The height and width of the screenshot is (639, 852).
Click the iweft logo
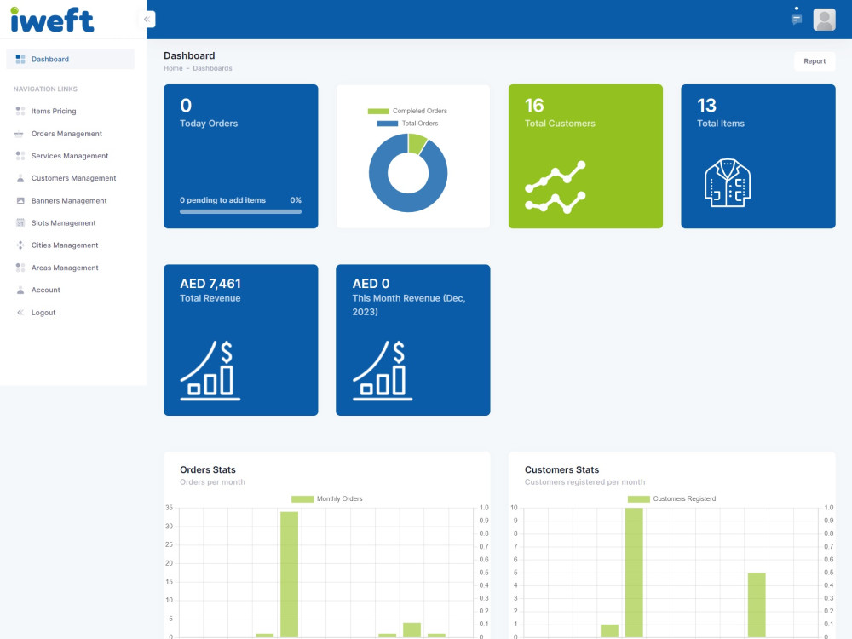click(x=52, y=20)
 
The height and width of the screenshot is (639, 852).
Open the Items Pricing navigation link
click(x=53, y=111)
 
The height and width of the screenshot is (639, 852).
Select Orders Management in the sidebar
click(x=66, y=134)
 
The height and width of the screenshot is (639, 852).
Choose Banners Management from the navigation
click(x=69, y=200)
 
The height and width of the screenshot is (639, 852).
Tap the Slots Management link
click(x=63, y=222)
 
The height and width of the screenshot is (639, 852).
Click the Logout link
click(x=43, y=313)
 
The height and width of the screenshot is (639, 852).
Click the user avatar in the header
click(x=824, y=20)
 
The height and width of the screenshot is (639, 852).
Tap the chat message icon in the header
click(x=797, y=20)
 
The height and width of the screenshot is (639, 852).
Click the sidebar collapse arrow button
click(x=147, y=20)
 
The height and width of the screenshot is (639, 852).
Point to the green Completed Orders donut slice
click(x=417, y=143)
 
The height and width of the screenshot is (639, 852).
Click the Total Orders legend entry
click(x=407, y=124)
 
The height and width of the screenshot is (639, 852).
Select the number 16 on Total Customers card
click(x=534, y=105)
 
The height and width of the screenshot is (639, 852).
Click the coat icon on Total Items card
click(x=728, y=182)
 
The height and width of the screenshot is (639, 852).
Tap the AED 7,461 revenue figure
click(x=210, y=284)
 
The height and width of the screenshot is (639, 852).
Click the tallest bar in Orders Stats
click(x=289, y=573)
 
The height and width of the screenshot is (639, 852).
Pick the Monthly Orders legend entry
click(x=327, y=498)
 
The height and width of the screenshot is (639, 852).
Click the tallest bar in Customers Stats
click(x=634, y=573)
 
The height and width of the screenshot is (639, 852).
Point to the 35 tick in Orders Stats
click(x=169, y=508)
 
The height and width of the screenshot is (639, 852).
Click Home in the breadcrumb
click(x=173, y=68)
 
